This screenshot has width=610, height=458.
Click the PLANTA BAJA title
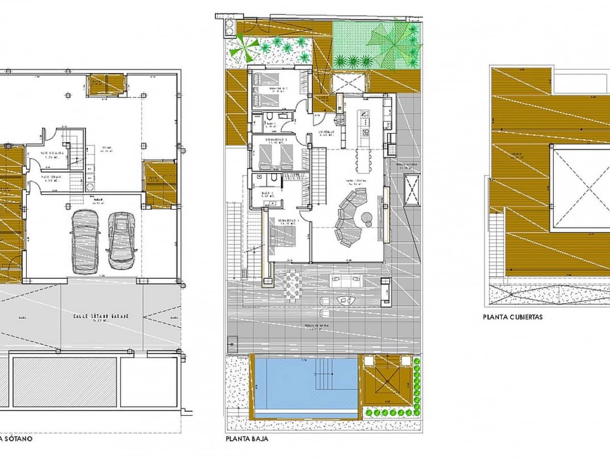[x=247, y=438]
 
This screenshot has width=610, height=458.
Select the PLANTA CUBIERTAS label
[x=512, y=316]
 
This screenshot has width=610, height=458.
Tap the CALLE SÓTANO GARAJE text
[x=101, y=316]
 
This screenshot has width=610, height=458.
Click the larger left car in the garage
[x=85, y=242]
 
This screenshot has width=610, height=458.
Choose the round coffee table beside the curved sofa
[x=367, y=218]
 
